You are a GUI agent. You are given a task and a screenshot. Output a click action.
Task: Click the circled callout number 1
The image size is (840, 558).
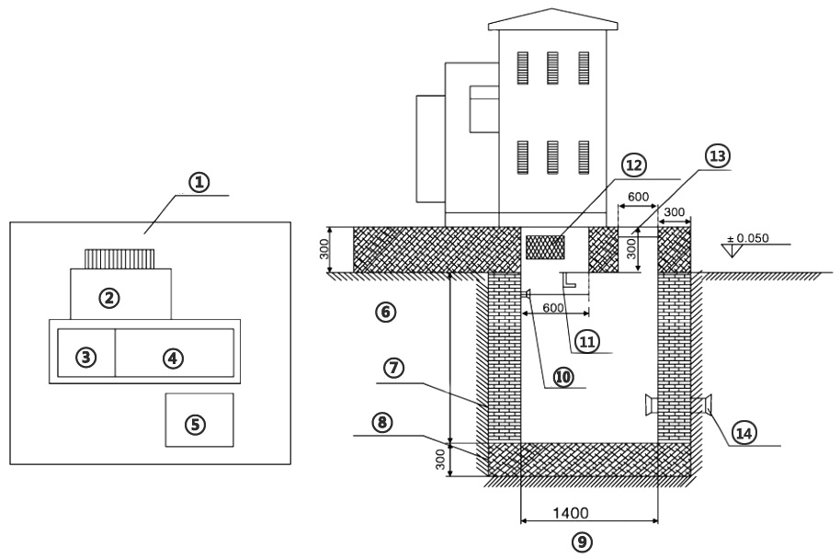point(199,183)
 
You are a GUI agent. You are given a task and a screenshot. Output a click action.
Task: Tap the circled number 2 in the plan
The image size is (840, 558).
point(109,298)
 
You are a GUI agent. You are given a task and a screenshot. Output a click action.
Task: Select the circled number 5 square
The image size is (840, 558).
point(195,425)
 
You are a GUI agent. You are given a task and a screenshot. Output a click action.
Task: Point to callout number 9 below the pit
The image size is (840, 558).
point(582,542)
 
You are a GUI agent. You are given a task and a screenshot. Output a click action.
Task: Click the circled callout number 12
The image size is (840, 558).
point(634,165)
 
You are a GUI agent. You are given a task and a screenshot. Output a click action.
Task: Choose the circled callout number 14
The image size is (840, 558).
point(744,433)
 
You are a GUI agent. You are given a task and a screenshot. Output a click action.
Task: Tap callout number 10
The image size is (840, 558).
point(562,377)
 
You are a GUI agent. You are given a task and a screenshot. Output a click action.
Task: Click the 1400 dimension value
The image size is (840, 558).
point(571,513)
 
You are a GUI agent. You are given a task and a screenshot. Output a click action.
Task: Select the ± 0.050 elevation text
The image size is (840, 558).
point(747,238)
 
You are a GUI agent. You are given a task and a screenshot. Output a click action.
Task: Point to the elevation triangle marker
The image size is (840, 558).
point(732,251)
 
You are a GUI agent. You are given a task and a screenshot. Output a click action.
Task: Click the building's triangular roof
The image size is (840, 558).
point(553,19)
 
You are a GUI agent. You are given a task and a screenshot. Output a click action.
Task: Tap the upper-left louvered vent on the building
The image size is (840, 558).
point(522,68)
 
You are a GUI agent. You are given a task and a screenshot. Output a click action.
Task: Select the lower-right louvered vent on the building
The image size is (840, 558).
point(584,157)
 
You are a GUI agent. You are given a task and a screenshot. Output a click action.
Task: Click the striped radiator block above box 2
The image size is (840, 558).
point(119,259)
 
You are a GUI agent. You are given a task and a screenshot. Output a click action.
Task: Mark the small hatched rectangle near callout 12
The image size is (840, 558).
point(545,247)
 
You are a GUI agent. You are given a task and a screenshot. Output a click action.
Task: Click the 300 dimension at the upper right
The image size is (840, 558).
point(674,212)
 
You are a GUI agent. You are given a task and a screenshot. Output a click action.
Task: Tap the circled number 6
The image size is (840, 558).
point(386,312)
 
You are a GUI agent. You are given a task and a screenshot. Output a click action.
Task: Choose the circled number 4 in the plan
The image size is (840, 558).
point(173,359)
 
